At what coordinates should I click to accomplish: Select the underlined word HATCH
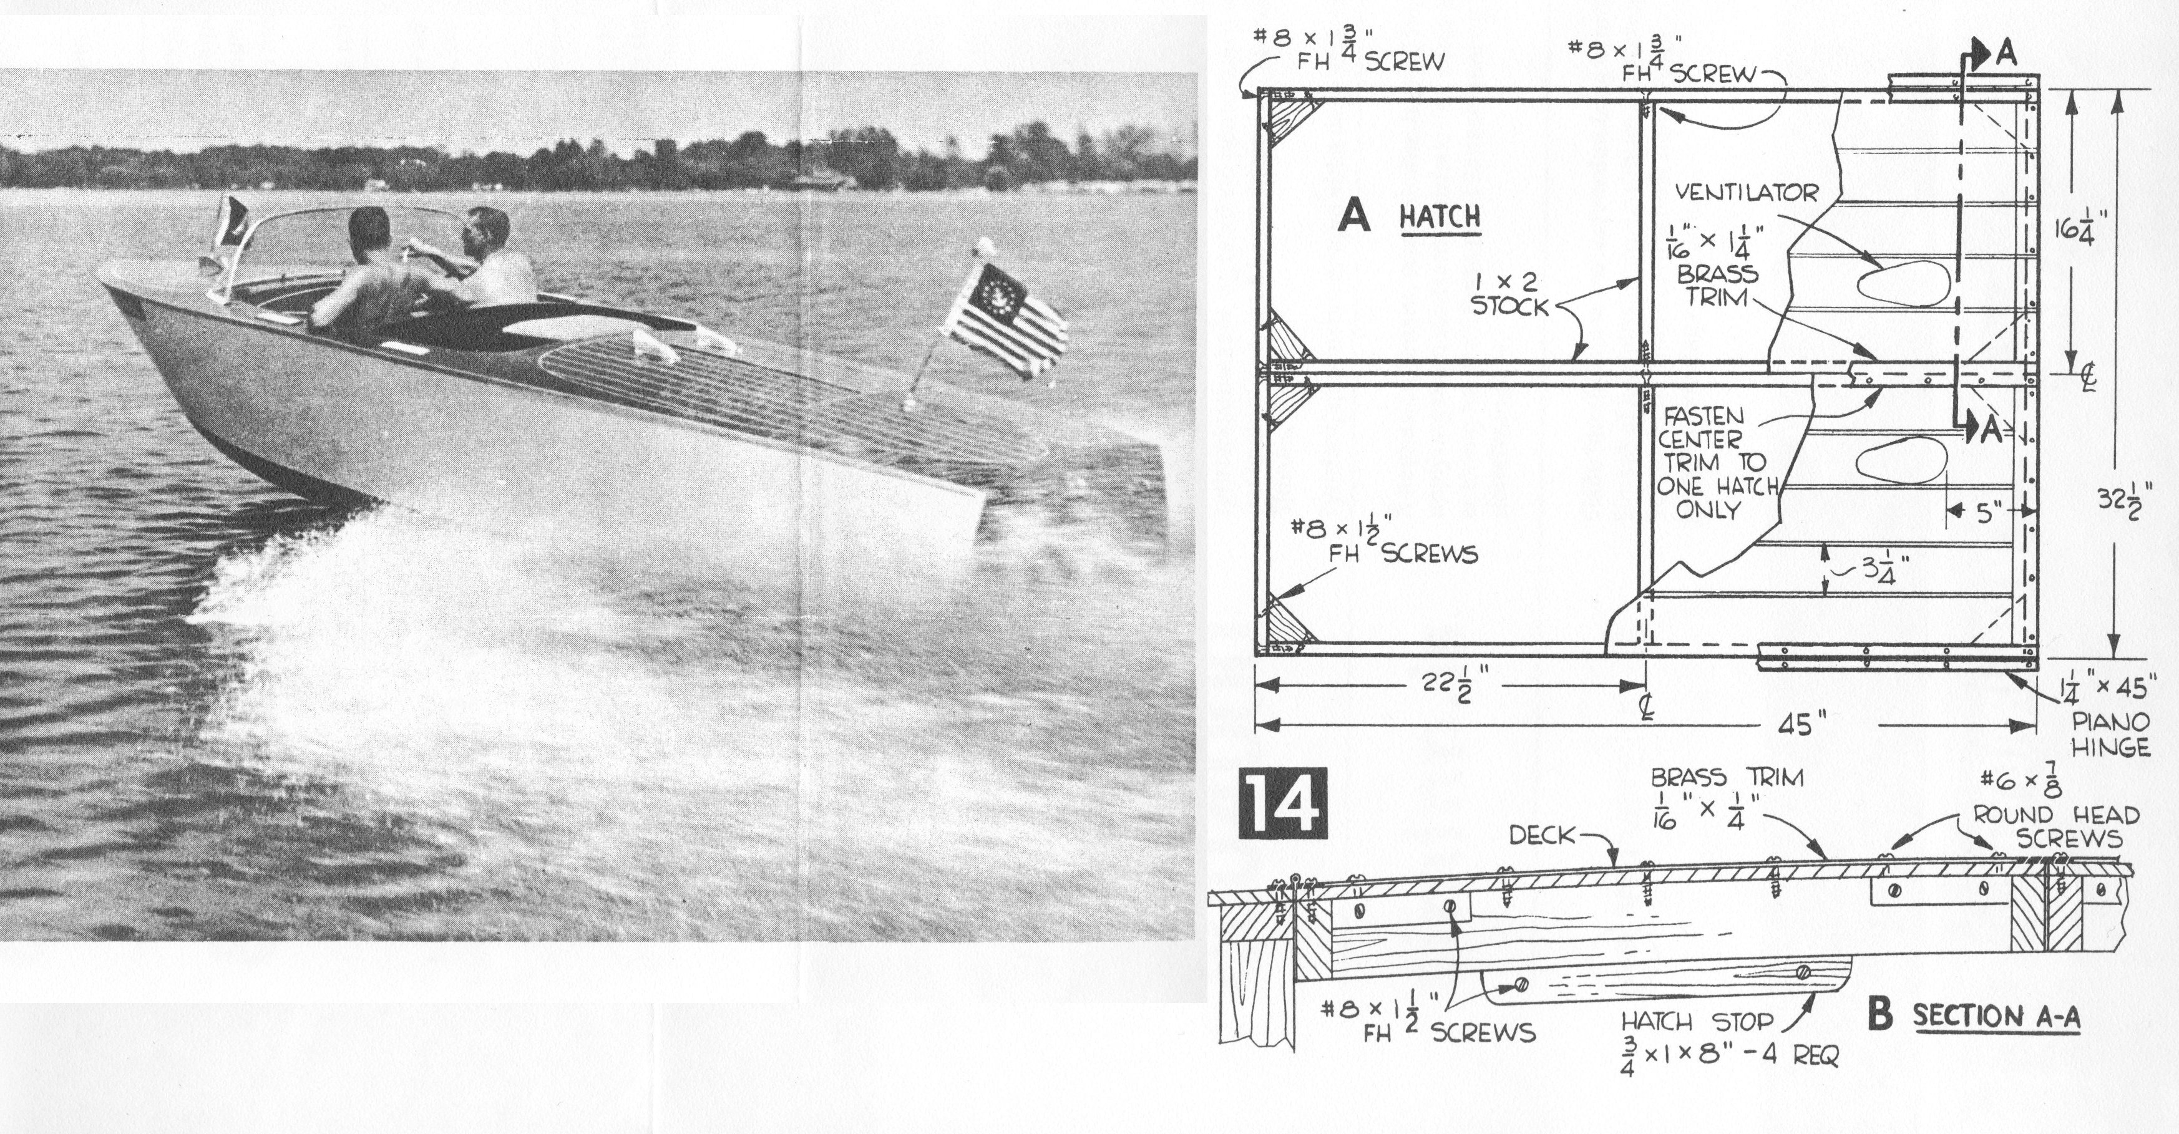(x=1440, y=217)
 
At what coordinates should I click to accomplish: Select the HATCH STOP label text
(x=1702, y=1022)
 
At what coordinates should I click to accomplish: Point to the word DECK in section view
(x=1544, y=836)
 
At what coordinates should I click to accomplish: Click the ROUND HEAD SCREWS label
(x=2055, y=827)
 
